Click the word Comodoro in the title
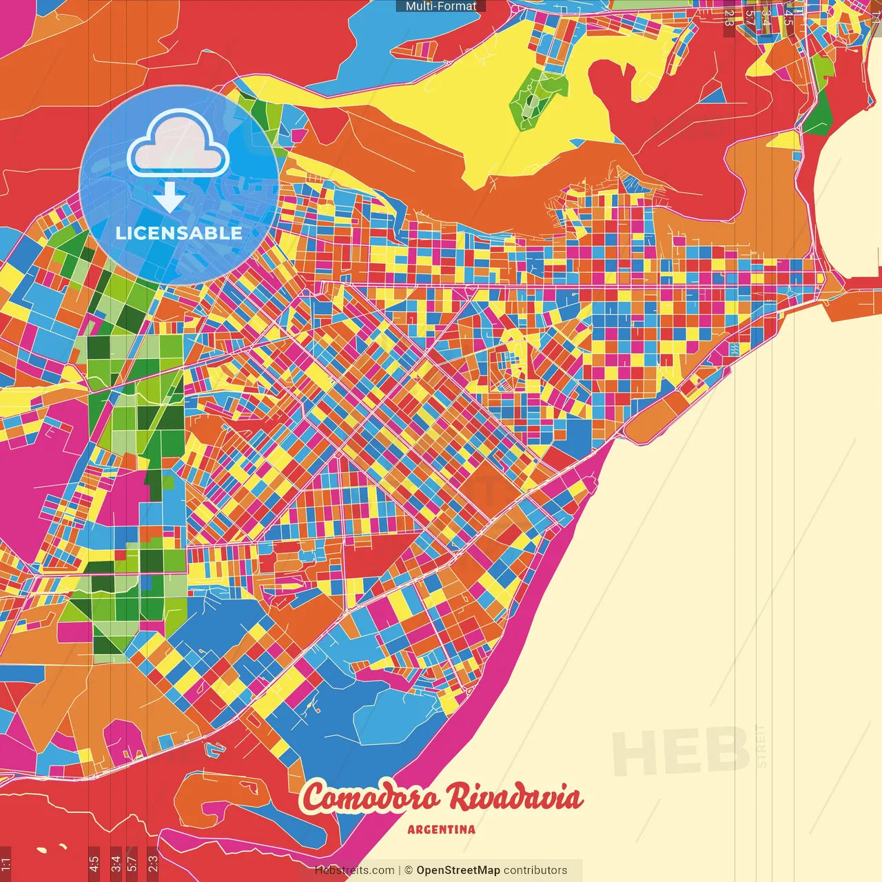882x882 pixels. pyautogui.click(x=369, y=798)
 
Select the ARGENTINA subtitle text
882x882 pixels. pyautogui.click(x=441, y=830)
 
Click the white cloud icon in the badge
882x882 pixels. pyautogui.click(x=178, y=143)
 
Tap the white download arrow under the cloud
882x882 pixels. pyautogui.click(x=169, y=198)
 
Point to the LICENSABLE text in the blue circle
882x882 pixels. pyautogui.click(x=179, y=233)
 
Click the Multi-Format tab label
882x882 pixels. pyautogui.click(x=441, y=6)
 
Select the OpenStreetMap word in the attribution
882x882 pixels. pyautogui.click(x=458, y=870)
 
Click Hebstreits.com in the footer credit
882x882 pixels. pyautogui.click(x=354, y=870)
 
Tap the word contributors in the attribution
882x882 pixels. pyautogui.click(x=535, y=870)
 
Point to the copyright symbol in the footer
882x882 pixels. pyautogui.click(x=408, y=870)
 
